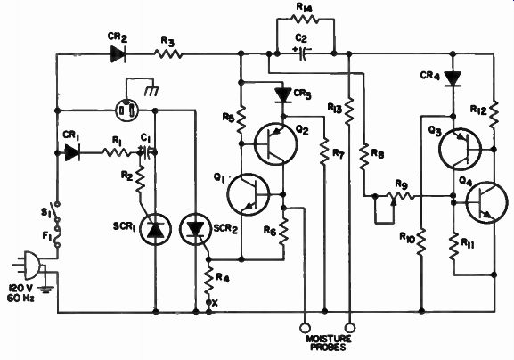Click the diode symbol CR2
pos(118,54)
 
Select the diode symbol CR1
pos(72,152)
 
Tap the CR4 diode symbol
pos(453,79)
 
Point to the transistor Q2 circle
pos(276,143)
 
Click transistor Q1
pos(249,194)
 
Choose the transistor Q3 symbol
pos(460,149)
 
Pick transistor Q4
pos(486,202)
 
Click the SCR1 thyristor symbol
pos(155,229)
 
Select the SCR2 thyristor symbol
pos(196,229)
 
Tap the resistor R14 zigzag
pos(306,19)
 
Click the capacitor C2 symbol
pos(302,53)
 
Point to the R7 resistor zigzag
pos(324,151)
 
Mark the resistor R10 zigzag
pos(421,241)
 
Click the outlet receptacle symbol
pos(127,110)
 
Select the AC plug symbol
pos(29,264)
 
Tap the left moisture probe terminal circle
pos(305,328)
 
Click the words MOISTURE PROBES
pos(329,343)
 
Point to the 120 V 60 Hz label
pos(21,293)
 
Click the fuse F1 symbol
pos(59,235)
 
